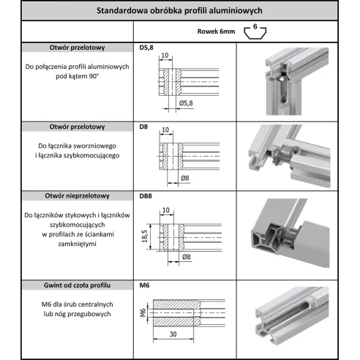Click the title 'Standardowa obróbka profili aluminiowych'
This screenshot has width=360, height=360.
tap(180, 10)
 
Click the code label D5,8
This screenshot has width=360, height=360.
tap(146, 48)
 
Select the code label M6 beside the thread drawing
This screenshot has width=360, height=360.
tap(143, 285)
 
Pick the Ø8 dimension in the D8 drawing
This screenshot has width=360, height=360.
tap(185, 178)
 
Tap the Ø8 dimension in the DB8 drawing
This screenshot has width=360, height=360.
tap(185, 257)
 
